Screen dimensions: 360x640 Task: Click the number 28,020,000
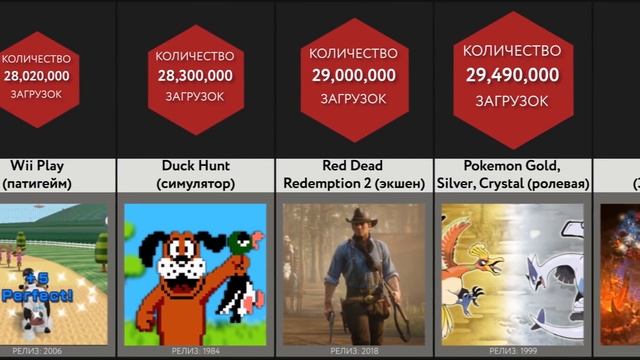pos(37,76)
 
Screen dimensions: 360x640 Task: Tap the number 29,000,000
pos(352,75)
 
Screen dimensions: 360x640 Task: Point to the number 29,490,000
pos(511,74)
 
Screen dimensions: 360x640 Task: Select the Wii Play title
pos(37,166)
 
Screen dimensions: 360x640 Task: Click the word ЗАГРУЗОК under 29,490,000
pos(511,101)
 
